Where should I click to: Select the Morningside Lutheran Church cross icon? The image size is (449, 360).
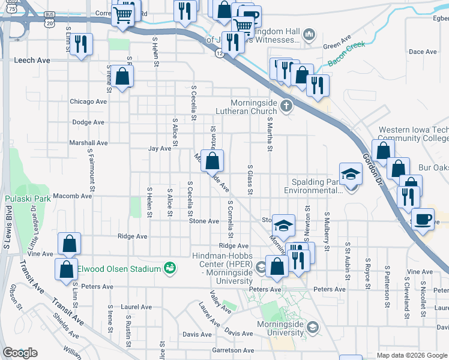coord(286,107)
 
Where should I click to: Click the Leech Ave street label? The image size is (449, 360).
coord(32,61)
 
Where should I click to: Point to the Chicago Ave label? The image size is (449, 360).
coord(88,101)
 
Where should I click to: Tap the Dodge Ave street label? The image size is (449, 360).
coord(88,122)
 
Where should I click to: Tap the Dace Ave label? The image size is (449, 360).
coord(423,52)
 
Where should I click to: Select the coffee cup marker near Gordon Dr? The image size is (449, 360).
coord(423,219)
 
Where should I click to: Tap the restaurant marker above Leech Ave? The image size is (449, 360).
coord(81,44)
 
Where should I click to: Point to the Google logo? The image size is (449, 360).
coord(20,353)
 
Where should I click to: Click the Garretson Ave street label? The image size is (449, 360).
coord(233,350)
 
